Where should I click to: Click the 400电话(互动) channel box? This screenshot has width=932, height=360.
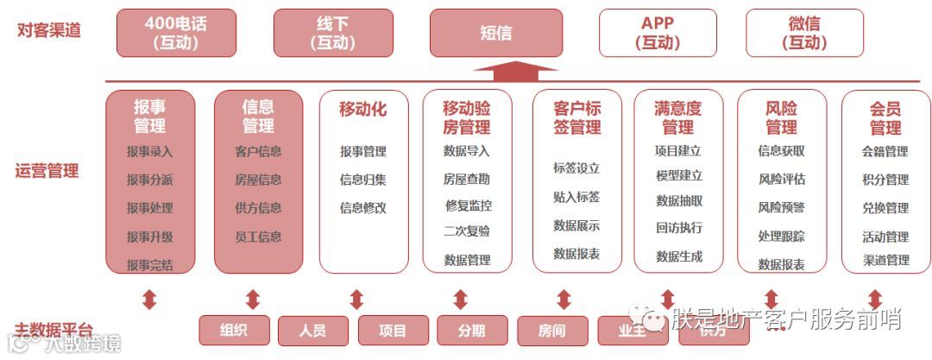pos(175,33)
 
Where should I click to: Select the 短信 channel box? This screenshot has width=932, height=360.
pos(495,33)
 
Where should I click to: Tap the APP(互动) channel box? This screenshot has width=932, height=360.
pos(658,33)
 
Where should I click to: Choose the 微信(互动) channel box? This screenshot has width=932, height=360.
pos(804,33)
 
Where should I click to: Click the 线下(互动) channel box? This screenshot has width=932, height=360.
pos(333,33)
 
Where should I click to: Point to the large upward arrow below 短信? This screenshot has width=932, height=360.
pos(516,71)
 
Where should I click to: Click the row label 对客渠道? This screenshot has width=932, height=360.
pos(49,30)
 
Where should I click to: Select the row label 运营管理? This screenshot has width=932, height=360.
pos(47,170)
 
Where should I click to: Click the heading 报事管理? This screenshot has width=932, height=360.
pos(149,117)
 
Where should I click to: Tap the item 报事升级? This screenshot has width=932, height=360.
pos(149,237)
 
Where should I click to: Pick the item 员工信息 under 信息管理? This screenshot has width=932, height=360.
pos(258,237)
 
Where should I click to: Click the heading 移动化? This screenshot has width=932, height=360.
pos(362,110)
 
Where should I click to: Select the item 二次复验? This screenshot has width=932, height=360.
pos(467,231)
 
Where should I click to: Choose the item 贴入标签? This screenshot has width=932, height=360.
pos(576,197)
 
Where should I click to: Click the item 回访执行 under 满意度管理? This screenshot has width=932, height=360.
pos(679,228)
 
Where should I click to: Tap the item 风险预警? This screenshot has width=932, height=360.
pos(781,207)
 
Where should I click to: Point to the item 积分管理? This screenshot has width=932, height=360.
pos(885,180)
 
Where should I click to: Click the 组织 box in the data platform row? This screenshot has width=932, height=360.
pos(234,330)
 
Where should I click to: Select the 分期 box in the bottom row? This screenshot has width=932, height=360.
pos(472,330)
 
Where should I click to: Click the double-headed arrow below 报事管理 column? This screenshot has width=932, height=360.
pos(149,300)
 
